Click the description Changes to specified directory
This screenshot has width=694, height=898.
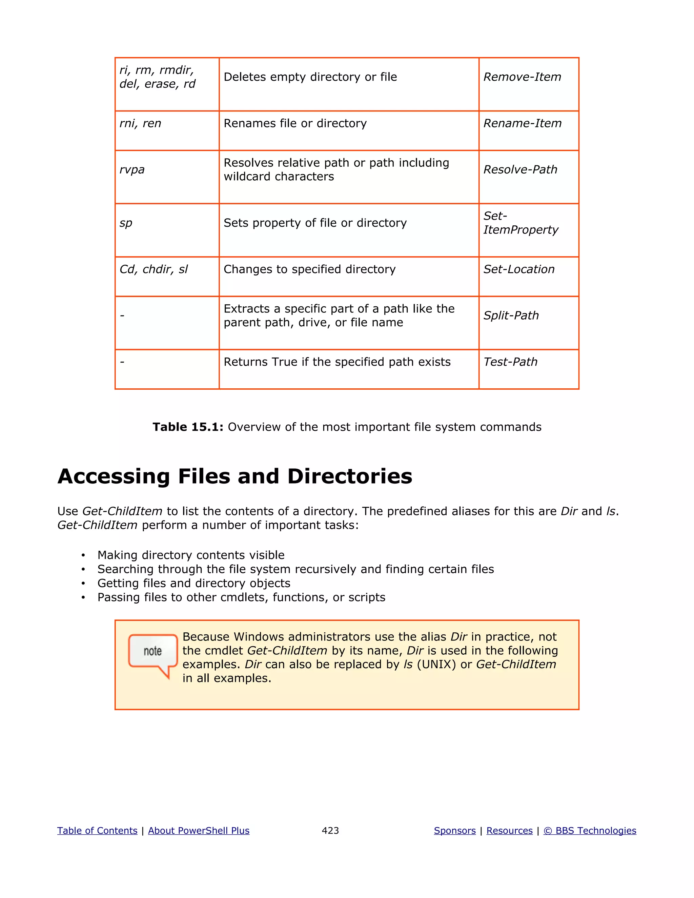(309, 269)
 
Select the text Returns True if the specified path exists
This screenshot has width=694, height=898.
(337, 362)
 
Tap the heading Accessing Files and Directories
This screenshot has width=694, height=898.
(235, 476)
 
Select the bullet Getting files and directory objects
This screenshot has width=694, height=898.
(193, 584)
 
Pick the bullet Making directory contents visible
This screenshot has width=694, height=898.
(191, 555)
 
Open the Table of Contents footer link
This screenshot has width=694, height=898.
(97, 831)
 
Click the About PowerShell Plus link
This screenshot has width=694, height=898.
(199, 831)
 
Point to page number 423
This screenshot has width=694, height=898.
(330, 831)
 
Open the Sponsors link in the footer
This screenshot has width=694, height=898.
(455, 831)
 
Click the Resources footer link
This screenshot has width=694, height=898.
(509, 831)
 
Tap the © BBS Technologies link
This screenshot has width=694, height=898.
(590, 831)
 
